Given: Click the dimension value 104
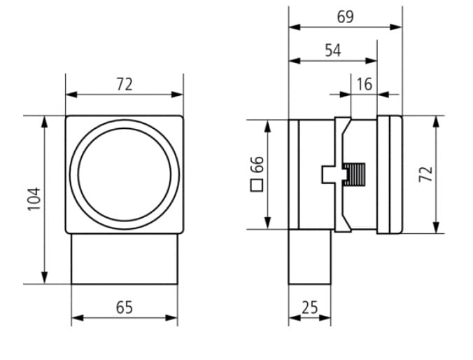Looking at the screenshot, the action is click(34, 199).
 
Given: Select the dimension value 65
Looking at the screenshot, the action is click(125, 307).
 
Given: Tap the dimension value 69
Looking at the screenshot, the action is click(346, 17).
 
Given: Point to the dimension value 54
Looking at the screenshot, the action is click(333, 50).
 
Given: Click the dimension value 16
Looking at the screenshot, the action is click(365, 84).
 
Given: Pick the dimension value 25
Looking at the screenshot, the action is click(310, 307).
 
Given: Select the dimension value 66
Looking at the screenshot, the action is click(257, 165).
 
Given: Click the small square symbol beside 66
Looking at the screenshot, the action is click(257, 185).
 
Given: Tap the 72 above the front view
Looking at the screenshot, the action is click(125, 85).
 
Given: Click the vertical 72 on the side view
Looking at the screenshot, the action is click(426, 174).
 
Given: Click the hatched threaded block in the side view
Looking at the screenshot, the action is click(354, 174).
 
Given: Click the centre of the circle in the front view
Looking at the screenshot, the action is click(125, 174).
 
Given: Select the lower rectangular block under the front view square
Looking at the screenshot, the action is click(125, 259).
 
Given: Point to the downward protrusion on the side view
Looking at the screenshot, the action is click(309, 257).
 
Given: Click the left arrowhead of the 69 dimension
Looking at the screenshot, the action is click(295, 27).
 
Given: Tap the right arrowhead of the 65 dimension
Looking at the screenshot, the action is click(171, 318).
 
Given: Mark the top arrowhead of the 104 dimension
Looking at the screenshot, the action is click(45, 122).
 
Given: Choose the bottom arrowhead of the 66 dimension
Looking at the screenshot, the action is click(267, 223).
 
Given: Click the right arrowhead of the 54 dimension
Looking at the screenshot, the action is click(371, 61).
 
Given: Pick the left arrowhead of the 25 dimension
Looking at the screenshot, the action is click(295, 318).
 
